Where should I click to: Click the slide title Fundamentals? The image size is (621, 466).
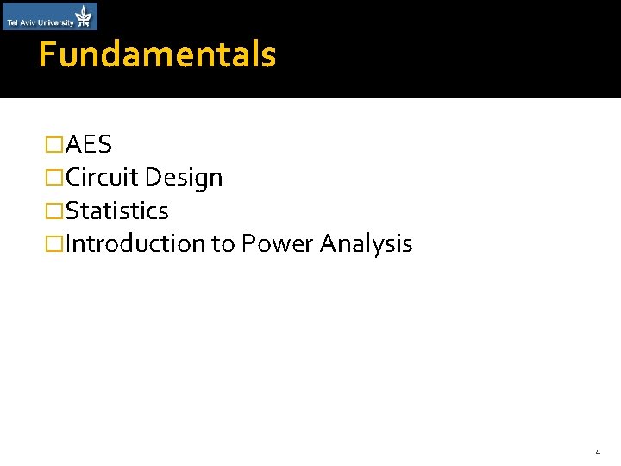click(157, 55)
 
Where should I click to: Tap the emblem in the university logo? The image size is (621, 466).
click(84, 15)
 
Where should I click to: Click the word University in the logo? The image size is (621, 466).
click(54, 23)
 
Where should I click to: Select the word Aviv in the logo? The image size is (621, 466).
click(28, 23)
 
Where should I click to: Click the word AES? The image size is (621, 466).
click(89, 145)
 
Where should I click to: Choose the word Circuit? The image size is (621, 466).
click(102, 178)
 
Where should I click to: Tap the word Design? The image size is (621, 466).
click(184, 179)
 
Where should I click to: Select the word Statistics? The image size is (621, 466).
click(117, 211)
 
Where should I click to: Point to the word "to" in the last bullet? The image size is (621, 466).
click(223, 244)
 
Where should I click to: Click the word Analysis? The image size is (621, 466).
click(367, 244)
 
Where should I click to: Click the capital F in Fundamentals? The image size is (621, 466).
click(47, 55)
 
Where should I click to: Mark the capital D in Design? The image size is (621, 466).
click(153, 178)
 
